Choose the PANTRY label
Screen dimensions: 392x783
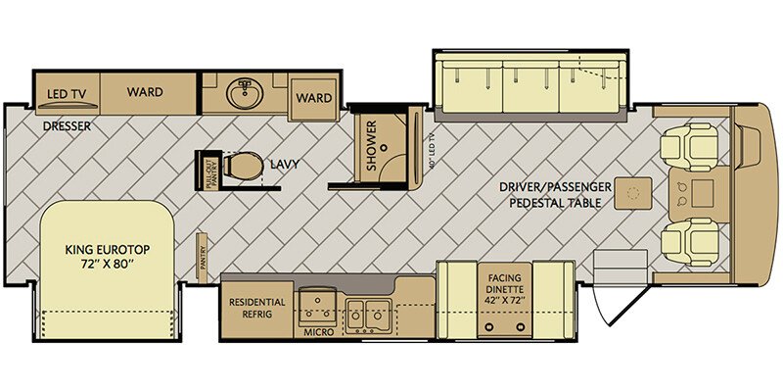click(x=203, y=257)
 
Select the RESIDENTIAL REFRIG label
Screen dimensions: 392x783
click(x=256, y=308)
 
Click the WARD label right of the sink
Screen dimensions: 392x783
click(x=314, y=98)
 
